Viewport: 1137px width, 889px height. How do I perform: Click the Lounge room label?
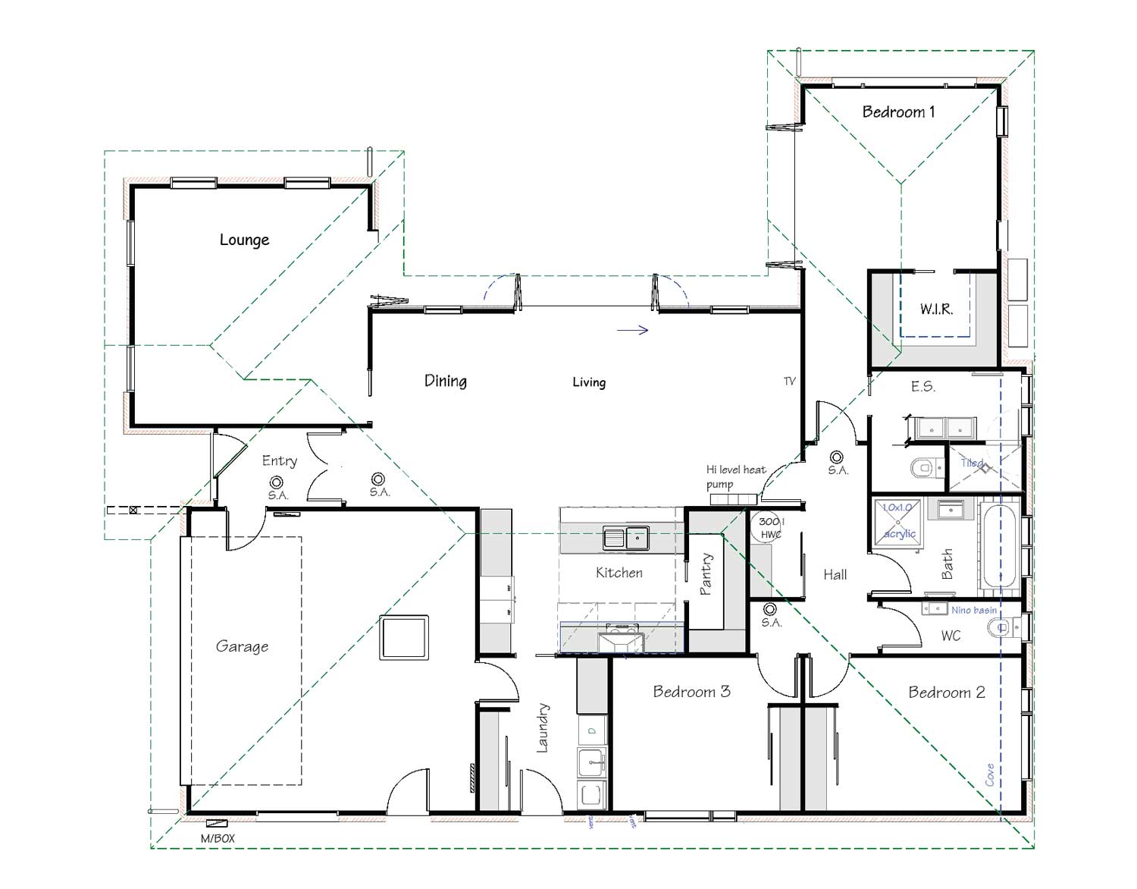[x=244, y=240]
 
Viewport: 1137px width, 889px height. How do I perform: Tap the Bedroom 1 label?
[x=898, y=112]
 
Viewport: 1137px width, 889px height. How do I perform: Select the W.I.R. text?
[x=936, y=309]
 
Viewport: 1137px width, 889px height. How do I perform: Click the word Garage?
[x=242, y=646]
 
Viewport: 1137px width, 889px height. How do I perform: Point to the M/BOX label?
[x=218, y=838]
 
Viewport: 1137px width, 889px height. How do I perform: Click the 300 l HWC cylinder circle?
[x=770, y=527]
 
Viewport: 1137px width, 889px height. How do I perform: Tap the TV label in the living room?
[x=790, y=382]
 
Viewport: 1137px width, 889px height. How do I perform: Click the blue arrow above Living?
[x=633, y=330]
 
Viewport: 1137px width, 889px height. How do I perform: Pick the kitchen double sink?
[x=625, y=538]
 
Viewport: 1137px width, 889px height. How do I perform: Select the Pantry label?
[x=706, y=574]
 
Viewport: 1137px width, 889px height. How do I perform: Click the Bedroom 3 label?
[x=691, y=692]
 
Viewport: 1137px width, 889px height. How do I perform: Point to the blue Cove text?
[x=990, y=774]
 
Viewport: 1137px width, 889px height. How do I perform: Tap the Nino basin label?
[x=974, y=610]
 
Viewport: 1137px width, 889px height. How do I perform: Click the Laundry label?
[x=543, y=728]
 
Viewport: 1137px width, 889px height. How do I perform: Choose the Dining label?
[x=445, y=381]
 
